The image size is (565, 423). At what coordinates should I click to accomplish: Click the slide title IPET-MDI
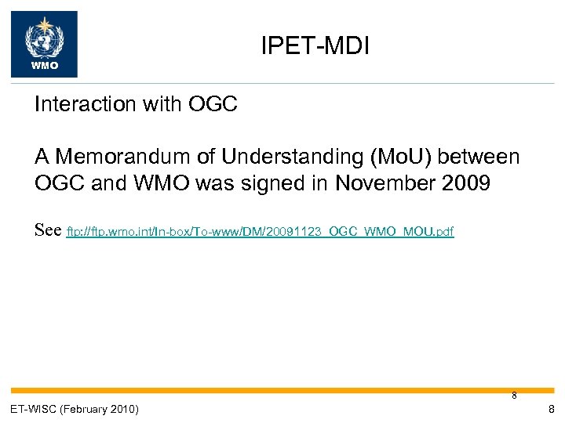315,48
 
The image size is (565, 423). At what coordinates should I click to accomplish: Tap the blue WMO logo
44,44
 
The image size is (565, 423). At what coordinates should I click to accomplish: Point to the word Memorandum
122,157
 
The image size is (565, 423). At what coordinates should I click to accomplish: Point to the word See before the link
48,231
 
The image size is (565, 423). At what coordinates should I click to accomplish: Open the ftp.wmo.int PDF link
261,232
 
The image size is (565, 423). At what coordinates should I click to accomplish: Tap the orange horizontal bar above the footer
282,390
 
